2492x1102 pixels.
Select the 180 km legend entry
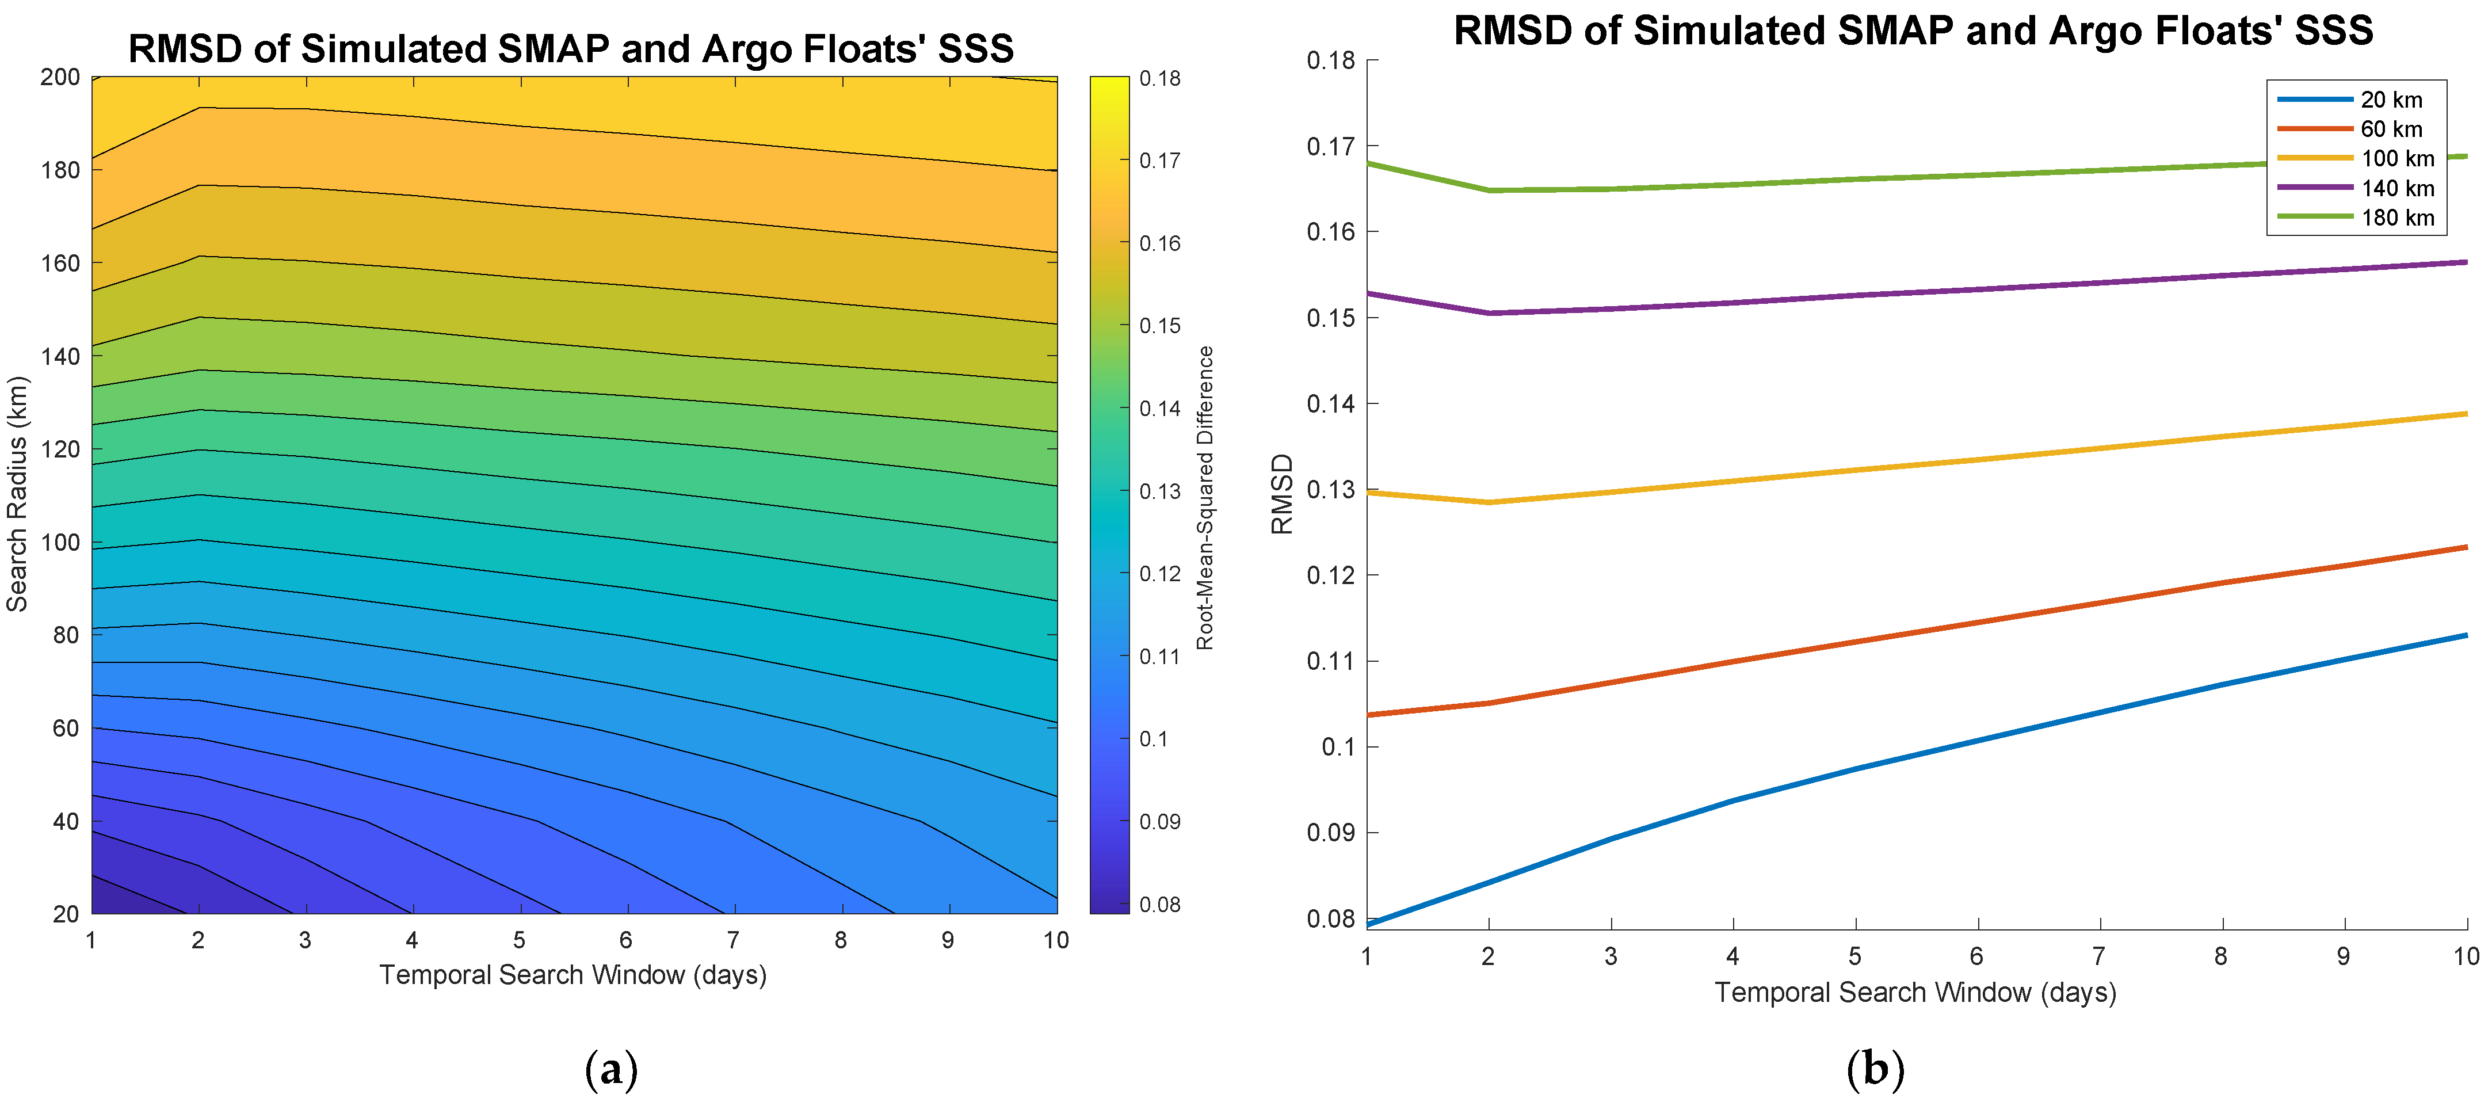tap(2396, 218)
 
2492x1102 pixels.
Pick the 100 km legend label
tap(2396, 159)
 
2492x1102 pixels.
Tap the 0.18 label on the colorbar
tap(1160, 78)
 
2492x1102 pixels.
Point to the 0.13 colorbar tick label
tap(1160, 491)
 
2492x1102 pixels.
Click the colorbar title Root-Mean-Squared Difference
tap(1204, 497)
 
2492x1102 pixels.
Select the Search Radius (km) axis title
tap(17, 493)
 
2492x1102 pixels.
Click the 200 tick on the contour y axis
tap(60, 78)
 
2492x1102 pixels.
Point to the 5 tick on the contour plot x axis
tap(520, 940)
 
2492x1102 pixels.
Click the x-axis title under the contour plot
tap(573, 974)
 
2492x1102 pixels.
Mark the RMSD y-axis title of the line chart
tap(1282, 493)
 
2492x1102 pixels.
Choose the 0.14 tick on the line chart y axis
tap(1330, 403)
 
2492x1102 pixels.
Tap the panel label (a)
tap(612, 1070)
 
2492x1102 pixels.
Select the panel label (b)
tap(1875, 1070)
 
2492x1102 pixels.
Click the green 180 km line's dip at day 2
tap(1489, 190)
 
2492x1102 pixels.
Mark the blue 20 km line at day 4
tap(1732, 800)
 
